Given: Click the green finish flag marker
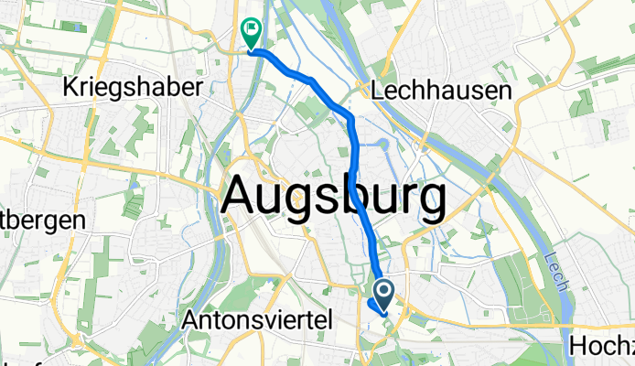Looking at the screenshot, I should coord(250,33).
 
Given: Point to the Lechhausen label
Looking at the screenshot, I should coord(444,90).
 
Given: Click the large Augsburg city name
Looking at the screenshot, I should coord(334,195).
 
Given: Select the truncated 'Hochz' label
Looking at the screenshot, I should coord(601,345).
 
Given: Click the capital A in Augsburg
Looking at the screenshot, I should coord(240,195).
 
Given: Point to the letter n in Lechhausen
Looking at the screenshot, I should coord(509,90).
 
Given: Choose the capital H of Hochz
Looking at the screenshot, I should coord(577,345).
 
